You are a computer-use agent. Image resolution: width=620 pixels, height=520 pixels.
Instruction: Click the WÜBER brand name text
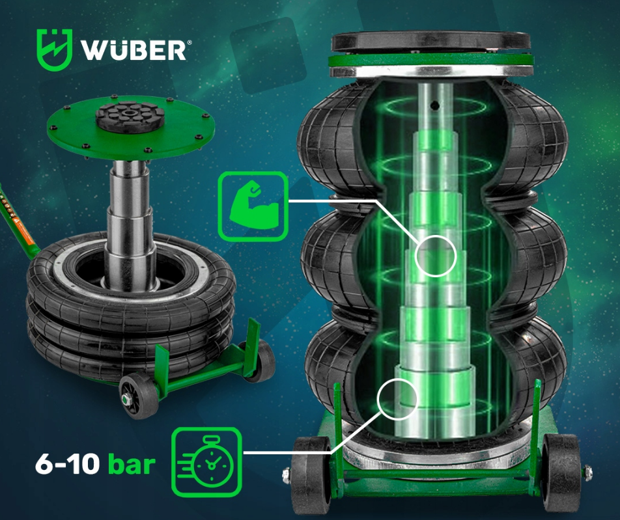tap(132, 50)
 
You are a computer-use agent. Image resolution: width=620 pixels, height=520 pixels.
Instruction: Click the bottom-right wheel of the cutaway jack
tap(559, 472)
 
